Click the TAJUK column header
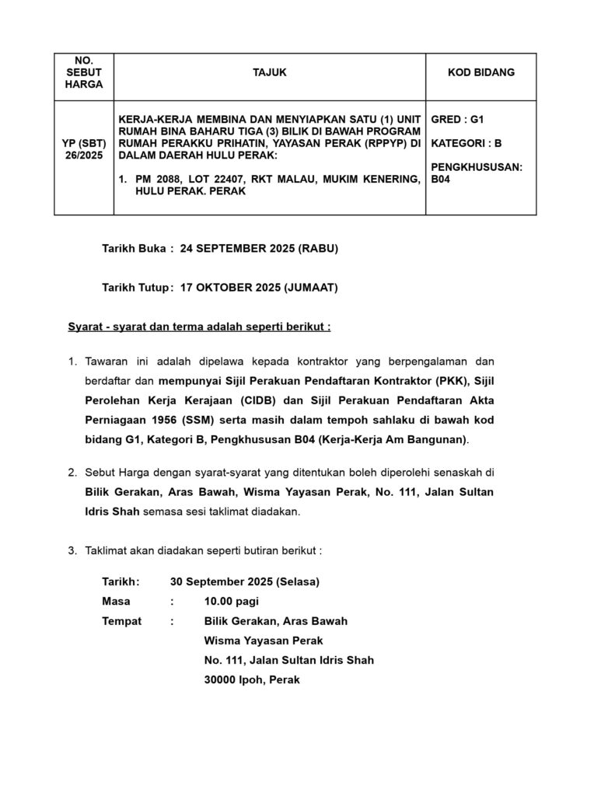tap(270, 72)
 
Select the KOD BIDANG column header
tap(480, 72)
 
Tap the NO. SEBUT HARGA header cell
tap(84, 72)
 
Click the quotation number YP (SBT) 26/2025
tap(84, 150)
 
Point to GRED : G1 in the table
tap(457, 120)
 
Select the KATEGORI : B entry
tap(466, 143)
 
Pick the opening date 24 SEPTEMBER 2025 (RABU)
tap(259, 249)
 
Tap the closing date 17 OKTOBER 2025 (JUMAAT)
tap(258, 288)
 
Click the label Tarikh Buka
tap(134, 249)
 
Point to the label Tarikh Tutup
tap(135, 288)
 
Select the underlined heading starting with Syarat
tap(199, 326)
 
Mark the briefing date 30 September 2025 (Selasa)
tap(244, 581)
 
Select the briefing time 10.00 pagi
tap(232, 601)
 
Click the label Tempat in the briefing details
tap(121, 621)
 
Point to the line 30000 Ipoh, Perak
tap(251, 679)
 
